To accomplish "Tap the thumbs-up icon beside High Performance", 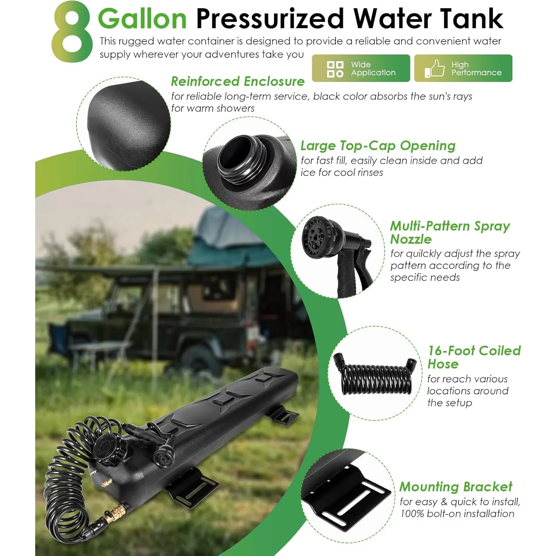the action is click(x=434, y=69).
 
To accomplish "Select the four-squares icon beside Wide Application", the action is click(x=335, y=69).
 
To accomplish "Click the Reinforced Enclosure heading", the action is click(x=238, y=81).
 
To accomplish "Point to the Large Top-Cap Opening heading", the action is click(x=378, y=146).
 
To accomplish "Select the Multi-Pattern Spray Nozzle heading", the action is click(x=450, y=232).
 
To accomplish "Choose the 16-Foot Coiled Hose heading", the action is click(x=474, y=357).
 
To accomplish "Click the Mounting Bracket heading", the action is click(x=456, y=486).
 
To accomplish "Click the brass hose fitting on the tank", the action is click(x=116, y=513).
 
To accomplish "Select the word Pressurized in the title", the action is click(x=270, y=19).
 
